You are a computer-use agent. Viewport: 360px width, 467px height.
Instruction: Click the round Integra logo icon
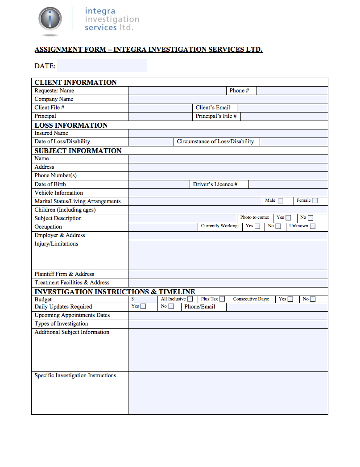(x=50, y=20)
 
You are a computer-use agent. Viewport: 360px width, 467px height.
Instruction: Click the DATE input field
(x=102, y=66)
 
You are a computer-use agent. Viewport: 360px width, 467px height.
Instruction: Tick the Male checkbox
(x=281, y=201)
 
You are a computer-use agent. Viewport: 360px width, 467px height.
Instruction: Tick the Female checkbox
(x=315, y=201)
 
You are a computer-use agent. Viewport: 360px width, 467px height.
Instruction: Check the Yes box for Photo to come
(x=289, y=218)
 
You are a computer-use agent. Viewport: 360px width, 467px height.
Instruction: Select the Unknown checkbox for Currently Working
(x=313, y=226)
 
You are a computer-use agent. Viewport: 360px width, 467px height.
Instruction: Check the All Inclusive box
(x=190, y=299)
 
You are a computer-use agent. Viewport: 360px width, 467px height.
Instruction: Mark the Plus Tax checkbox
(x=222, y=299)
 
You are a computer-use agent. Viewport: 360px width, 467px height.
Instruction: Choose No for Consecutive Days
(x=313, y=299)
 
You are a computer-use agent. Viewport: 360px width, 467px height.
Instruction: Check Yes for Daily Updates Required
(x=143, y=307)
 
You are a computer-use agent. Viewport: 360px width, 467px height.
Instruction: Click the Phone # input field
(x=292, y=91)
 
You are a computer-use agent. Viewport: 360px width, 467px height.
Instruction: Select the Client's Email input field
(x=282, y=108)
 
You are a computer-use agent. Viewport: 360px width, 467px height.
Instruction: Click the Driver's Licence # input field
(x=288, y=184)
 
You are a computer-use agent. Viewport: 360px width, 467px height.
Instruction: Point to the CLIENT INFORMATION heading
(x=75, y=83)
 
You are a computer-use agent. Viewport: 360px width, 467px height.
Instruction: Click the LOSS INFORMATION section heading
(x=71, y=125)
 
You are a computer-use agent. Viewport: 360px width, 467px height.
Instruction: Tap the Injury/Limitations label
(x=56, y=244)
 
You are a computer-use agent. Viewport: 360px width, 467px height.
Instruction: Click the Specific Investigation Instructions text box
(x=228, y=393)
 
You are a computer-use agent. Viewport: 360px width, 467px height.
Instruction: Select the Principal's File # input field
(x=284, y=116)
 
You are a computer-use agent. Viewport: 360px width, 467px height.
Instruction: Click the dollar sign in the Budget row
(x=133, y=299)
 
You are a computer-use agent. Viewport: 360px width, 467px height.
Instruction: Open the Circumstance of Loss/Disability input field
(x=294, y=142)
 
